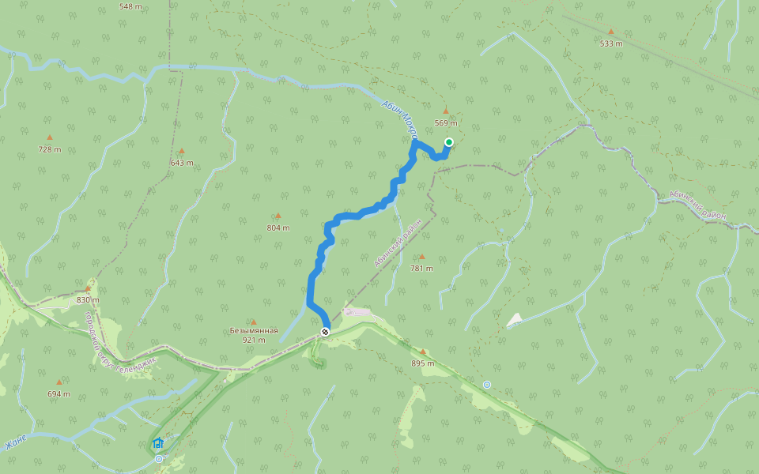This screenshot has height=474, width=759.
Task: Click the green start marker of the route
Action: tap(448, 142)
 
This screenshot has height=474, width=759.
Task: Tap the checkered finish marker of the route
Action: tap(325, 332)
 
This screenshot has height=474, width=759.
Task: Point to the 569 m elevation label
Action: tap(446, 123)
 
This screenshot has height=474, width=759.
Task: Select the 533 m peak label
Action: tap(611, 43)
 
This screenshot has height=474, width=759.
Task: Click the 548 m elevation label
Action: tap(130, 6)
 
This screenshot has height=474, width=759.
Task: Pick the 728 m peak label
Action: tap(49, 149)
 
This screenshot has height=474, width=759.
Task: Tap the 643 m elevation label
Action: tap(181, 163)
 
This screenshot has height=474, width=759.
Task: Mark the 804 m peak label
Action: tap(278, 228)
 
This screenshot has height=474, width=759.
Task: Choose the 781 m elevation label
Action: tap(421, 269)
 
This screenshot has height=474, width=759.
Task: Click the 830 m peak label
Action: tap(88, 300)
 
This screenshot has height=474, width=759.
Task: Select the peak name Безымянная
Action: tap(254, 330)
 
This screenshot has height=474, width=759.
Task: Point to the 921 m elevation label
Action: tap(254, 340)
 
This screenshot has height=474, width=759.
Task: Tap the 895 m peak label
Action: tap(423, 363)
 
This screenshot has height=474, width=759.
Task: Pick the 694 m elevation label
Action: tap(59, 393)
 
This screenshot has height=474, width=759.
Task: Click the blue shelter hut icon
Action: tap(158, 443)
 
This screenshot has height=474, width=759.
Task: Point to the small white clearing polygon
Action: tap(515, 319)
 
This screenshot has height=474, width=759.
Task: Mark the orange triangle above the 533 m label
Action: tap(610, 32)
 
